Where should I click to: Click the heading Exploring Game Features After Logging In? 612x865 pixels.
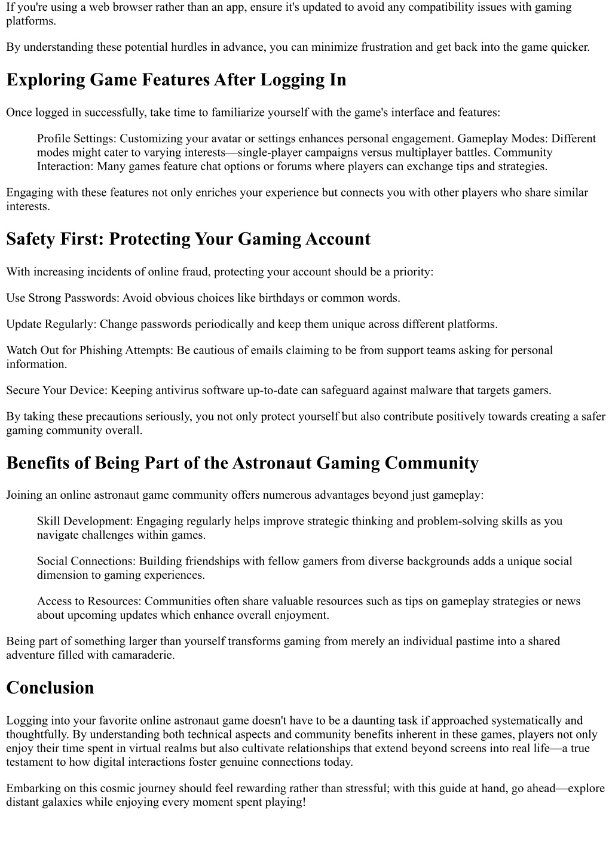pos(176,80)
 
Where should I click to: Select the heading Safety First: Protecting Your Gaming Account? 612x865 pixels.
pos(188,239)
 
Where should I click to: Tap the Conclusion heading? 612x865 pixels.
pos(50,688)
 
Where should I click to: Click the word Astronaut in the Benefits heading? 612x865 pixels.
pos(272,463)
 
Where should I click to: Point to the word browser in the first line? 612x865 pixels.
pos(122,7)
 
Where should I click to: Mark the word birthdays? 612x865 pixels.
pos(281,297)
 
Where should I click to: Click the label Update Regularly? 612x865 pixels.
pos(51,324)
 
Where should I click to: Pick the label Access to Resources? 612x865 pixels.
pos(89,601)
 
